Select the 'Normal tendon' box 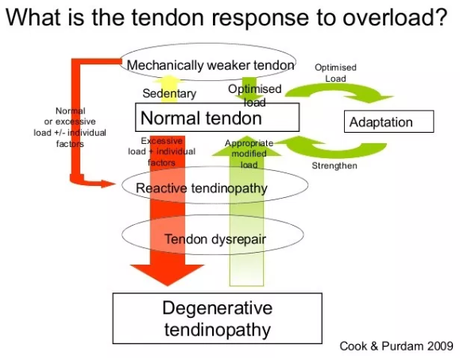pyautogui.click(x=200, y=118)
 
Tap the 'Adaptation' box pyautogui.click(x=389, y=122)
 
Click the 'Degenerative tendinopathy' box pyautogui.click(x=216, y=319)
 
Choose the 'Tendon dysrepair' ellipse pyautogui.click(x=212, y=238)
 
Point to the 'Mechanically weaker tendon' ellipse pyautogui.click(x=211, y=63)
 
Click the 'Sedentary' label pyautogui.click(x=169, y=94)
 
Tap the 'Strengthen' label pyautogui.click(x=334, y=165)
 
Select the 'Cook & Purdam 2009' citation pyautogui.click(x=396, y=346)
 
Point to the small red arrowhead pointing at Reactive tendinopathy pyautogui.click(x=109, y=184)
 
